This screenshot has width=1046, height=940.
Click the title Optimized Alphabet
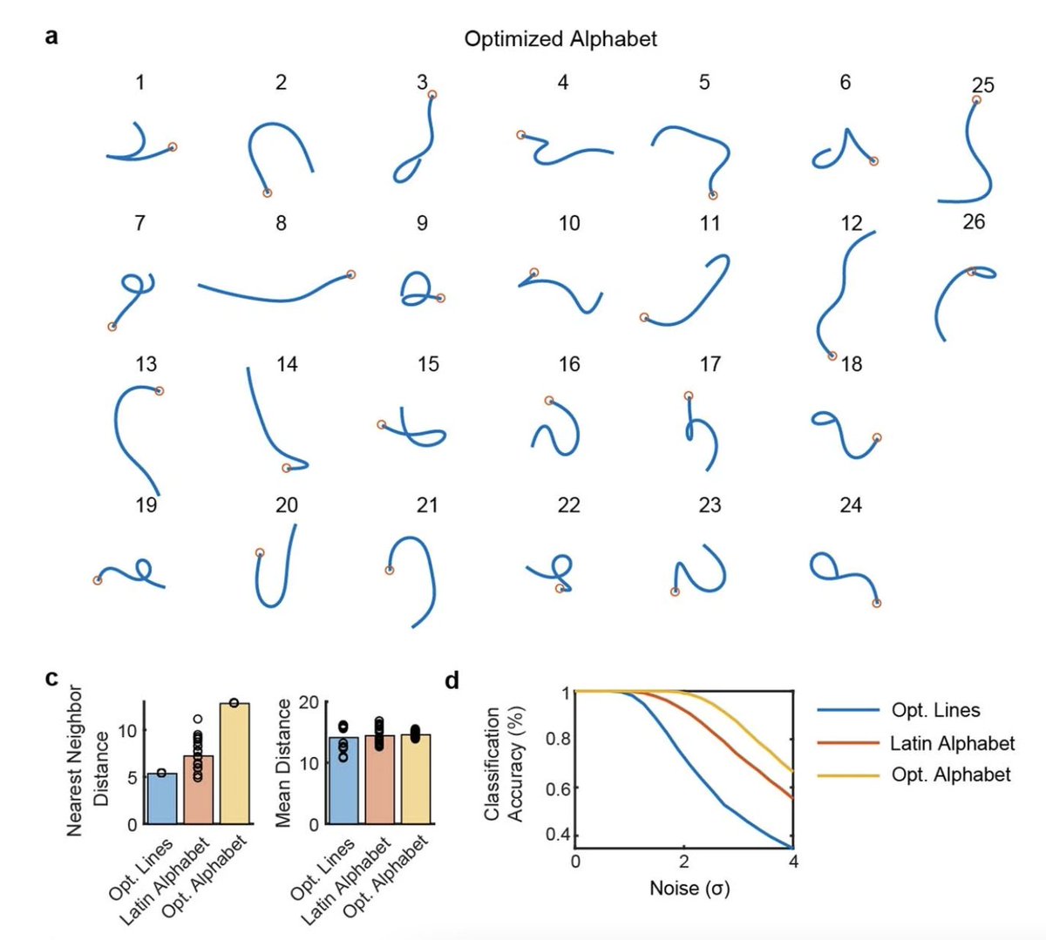click(560, 39)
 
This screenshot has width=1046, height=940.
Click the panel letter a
click(52, 37)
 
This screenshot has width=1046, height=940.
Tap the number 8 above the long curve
click(281, 224)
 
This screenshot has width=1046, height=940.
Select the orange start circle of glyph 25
click(976, 100)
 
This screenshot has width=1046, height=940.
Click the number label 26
click(974, 222)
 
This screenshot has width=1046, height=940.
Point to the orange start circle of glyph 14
click(286, 469)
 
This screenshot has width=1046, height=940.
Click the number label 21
click(427, 505)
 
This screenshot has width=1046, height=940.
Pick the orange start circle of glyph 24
click(876, 603)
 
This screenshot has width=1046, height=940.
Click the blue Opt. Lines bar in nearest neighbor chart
click(161, 798)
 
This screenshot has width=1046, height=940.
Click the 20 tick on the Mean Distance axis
click(309, 702)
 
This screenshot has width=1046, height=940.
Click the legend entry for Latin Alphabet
click(952, 743)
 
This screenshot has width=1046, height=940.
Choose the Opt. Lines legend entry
click(935, 710)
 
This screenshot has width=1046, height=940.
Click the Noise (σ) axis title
click(689, 889)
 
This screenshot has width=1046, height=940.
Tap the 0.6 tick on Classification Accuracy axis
click(556, 788)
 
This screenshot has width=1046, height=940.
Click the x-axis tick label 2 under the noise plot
click(684, 862)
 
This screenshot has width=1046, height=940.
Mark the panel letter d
click(452, 680)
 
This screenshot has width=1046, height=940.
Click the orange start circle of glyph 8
click(350, 275)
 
